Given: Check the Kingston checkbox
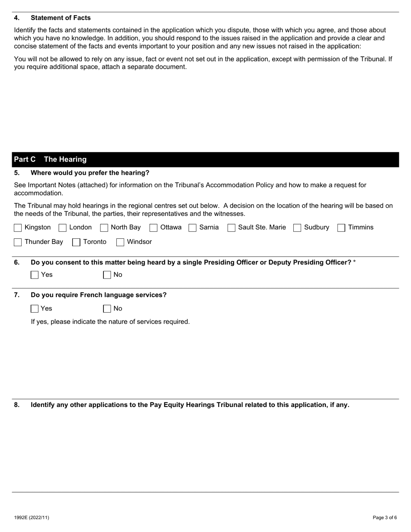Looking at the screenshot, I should pyautogui.click(x=18, y=228).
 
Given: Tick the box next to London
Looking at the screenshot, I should pyautogui.click(x=62, y=228).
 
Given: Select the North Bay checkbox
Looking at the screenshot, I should pyautogui.click(x=104, y=228).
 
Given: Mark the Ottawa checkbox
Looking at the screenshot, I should pyautogui.click(x=153, y=228).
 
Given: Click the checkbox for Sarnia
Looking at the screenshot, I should pyautogui.click(x=193, y=228).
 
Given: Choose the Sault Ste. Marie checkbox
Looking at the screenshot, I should pyautogui.click(x=231, y=228).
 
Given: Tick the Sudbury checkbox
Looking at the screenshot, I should pyautogui.click(x=297, y=228).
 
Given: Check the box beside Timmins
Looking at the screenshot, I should pyautogui.click(x=341, y=228).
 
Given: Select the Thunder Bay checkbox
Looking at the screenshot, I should pyautogui.click(x=18, y=242).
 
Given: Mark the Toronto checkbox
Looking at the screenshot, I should pyautogui.click(x=76, y=242).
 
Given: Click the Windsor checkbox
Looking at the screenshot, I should pyautogui.click(x=120, y=242).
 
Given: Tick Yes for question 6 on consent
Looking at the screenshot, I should pyautogui.click(x=35, y=275).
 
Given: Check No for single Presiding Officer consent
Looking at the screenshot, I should pyautogui.click(x=107, y=275).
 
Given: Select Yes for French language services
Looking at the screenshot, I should pyautogui.click(x=35, y=309).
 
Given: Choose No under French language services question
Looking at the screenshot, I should pyautogui.click(x=107, y=309).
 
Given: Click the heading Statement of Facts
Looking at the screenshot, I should pyautogui.click(x=61, y=18).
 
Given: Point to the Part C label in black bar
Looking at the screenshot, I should pyautogui.click(x=25, y=159).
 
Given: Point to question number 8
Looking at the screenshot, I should pyautogui.click(x=16, y=405).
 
